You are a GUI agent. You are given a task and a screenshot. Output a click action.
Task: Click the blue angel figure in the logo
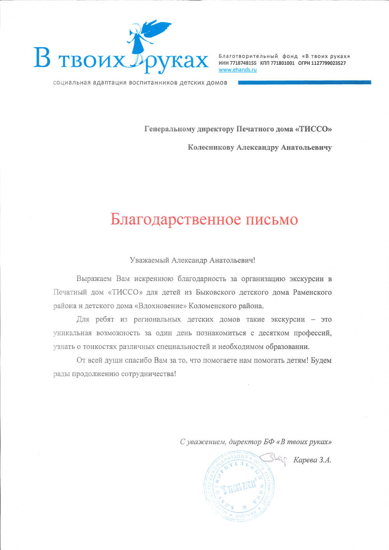tap(146, 39)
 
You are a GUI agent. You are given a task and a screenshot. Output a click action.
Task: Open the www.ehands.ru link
tap(237, 70)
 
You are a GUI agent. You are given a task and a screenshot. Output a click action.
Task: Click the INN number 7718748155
tap(243, 63)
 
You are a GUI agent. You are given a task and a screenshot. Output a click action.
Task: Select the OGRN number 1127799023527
tap(328, 63)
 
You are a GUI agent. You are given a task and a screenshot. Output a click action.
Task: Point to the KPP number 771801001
tap(282, 63)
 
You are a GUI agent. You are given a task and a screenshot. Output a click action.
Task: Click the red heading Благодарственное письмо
tap(204, 220)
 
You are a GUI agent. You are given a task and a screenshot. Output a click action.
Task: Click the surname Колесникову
tap(211, 147)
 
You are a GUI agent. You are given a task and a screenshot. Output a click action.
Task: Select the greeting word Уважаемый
tap(149, 260)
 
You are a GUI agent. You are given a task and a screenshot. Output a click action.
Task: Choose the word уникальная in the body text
tap(72, 333)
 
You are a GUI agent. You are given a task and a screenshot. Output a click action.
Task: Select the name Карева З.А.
tap(312, 460)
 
